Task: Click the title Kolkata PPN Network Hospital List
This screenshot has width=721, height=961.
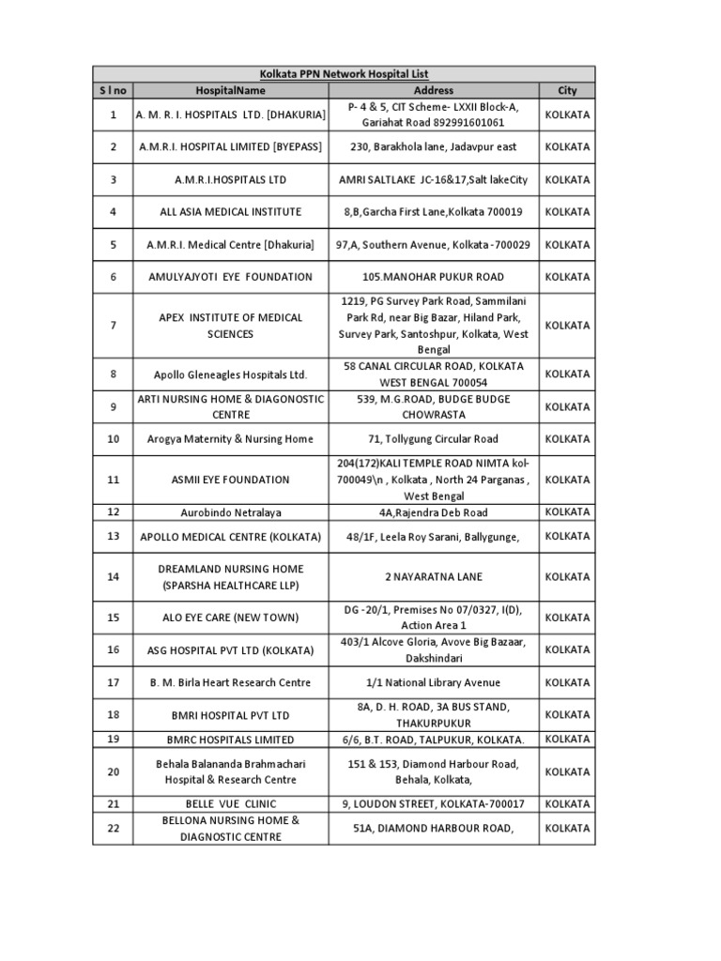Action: (344, 73)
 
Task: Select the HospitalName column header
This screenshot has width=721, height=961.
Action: (230, 90)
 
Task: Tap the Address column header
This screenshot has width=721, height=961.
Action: (433, 90)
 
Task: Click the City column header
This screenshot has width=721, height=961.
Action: (567, 90)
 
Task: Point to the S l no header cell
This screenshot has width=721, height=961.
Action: (113, 90)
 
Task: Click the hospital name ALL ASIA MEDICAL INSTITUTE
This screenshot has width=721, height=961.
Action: (230, 212)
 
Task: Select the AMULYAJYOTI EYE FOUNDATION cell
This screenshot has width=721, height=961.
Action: (230, 277)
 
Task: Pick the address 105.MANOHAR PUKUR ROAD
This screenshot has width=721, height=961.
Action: (433, 277)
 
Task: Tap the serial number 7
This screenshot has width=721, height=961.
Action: (113, 326)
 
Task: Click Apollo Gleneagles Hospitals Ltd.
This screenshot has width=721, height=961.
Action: (230, 374)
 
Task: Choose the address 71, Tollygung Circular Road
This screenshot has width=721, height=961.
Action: (433, 439)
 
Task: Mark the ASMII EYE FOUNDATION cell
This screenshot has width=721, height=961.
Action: (230, 480)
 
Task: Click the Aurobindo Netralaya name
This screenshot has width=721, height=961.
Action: (230, 513)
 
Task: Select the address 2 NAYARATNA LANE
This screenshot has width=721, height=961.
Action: (433, 576)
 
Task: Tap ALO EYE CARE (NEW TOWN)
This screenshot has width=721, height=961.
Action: (230, 618)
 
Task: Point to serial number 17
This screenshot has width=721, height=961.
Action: (113, 682)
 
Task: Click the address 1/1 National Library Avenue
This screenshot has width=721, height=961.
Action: (433, 682)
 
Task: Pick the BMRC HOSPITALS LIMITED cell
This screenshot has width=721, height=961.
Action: (230, 740)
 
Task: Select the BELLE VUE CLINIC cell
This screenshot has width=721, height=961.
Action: (230, 804)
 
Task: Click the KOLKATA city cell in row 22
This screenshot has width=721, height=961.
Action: (567, 829)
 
